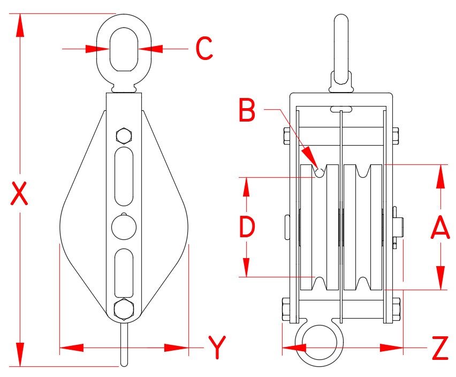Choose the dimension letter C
(x=204, y=49)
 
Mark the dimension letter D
(x=246, y=227)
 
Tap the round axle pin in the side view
(x=124, y=227)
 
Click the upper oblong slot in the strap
(x=124, y=177)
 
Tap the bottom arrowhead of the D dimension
(x=246, y=268)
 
